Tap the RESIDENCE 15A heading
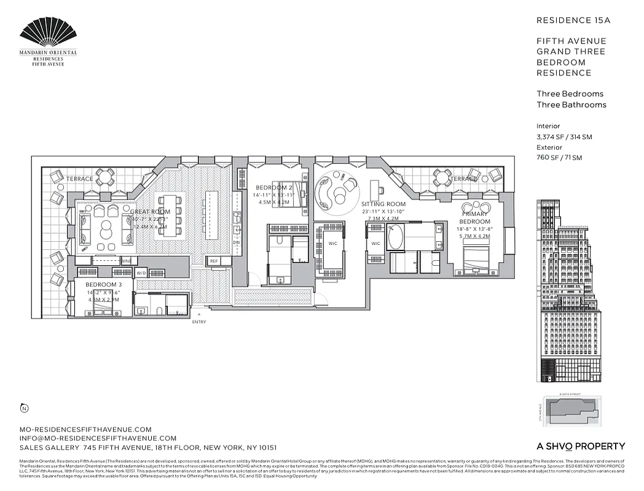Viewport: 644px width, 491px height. (x=573, y=20)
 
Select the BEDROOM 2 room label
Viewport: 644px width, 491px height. (x=274, y=187)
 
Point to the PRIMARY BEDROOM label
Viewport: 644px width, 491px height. (x=475, y=218)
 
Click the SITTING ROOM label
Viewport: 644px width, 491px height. (x=383, y=204)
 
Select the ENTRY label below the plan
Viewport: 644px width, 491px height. (x=198, y=322)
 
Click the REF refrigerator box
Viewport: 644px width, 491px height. (x=214, y=261)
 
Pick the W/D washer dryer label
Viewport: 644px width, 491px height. (x=141, y=273)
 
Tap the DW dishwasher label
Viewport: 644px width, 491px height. (x=236, y=242)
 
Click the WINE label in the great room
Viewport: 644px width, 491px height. (x=125, y=261)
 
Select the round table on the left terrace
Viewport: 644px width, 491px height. (x=104, y=178)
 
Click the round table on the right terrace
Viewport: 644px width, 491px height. (x=442, y=178)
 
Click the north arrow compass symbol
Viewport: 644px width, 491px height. (x=24, y=408)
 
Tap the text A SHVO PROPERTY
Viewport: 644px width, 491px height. (x=579, y=446)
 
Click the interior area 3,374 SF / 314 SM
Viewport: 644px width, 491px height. (x=564, y=137)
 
